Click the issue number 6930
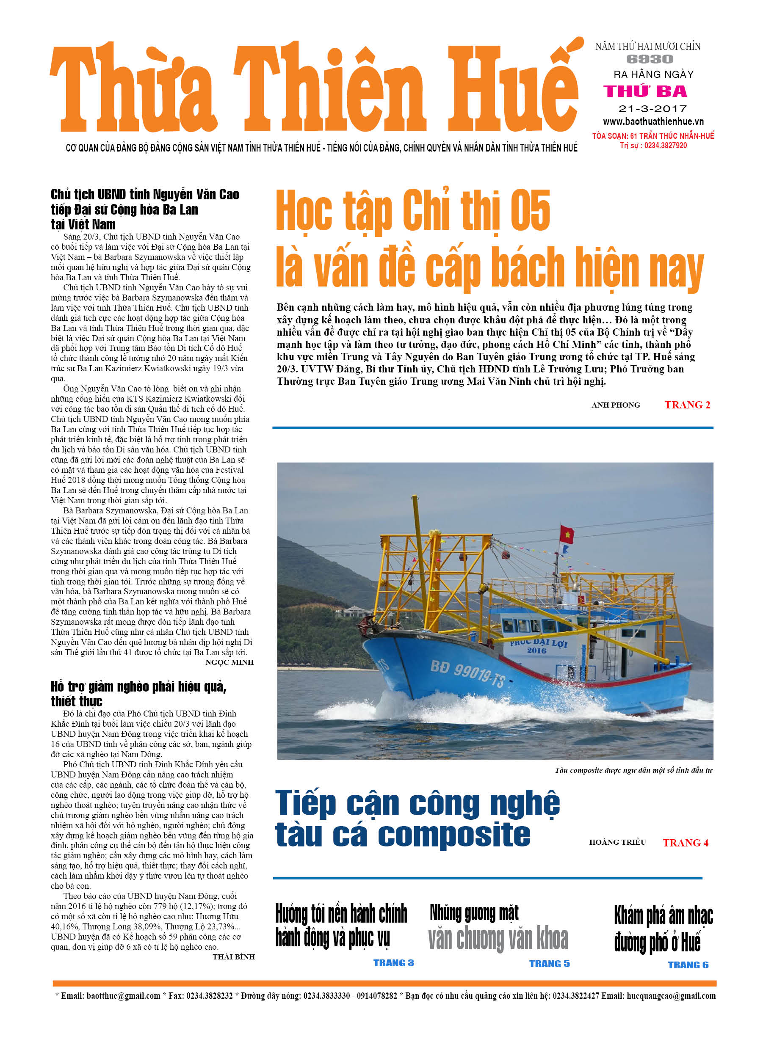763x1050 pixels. (650, 59)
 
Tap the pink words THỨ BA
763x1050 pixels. (645, 91)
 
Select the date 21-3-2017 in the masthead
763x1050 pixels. (652, 109)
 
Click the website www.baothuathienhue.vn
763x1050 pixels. (653, 122)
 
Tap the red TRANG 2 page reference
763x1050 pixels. (687, 405)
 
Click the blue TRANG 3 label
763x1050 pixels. (393, 963)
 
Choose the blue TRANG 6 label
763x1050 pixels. (688, 965)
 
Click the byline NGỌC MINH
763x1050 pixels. (229, 662)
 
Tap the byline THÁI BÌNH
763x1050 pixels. (233, 957)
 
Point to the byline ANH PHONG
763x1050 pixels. (616, 405)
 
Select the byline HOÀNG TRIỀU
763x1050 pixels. (617, 842)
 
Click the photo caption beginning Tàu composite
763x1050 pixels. (633, 770)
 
